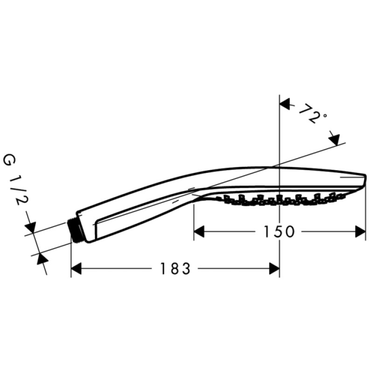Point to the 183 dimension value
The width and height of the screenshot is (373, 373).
tap(175, 269)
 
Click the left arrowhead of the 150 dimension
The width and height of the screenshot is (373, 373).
tap(200, 232)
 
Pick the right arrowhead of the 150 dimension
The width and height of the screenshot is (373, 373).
tap(360, 232)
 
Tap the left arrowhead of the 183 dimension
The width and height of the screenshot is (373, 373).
tap(76, 269)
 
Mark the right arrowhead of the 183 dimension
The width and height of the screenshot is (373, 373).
tap(274, 269)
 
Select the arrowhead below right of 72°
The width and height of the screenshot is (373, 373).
tap(335, 138)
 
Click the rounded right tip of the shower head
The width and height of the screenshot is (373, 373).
tap(364, 181)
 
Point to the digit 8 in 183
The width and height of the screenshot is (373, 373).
tap(175, 269)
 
